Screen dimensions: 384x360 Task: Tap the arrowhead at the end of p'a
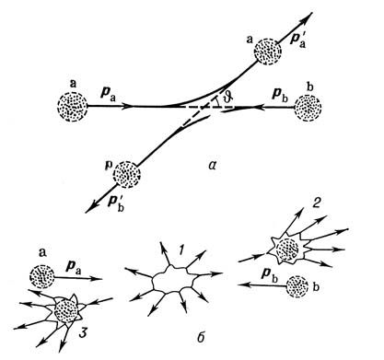[x=308, y=17]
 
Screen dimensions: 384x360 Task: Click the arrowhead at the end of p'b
[x=90, y=208]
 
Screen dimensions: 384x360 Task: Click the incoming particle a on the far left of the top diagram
[x=72, y=107]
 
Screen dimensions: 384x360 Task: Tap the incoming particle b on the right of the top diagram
[x=308, y=108]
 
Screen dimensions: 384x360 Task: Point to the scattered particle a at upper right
[x=268, y=52]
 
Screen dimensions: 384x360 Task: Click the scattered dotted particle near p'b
[x=126, y=174]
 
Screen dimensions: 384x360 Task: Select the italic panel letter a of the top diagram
[x=212, y=166]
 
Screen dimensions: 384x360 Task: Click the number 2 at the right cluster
[x=316, y=204]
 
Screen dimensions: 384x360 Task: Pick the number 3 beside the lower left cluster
[x=83, y=332]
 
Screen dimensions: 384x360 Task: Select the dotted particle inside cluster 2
[x=287, y=250]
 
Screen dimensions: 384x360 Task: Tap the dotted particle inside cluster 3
[x=66, y=311]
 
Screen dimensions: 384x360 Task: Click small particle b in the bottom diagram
[x=297, y=286]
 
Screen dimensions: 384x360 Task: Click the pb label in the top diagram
[x=280, y=94]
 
